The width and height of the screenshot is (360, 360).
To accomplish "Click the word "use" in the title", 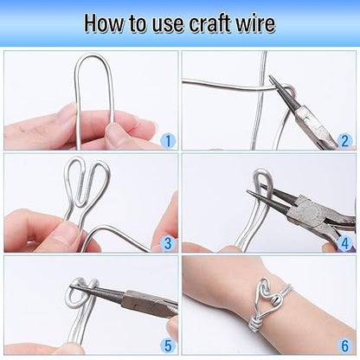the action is (x=168, y=25).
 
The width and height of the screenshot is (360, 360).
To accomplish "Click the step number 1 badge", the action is (x=168, y=141).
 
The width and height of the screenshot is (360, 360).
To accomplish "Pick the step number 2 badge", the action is (x=344, y=141).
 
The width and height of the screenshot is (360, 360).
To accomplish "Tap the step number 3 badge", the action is (x=168, y=243).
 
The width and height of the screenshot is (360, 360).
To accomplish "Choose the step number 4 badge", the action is (x=344, y=243).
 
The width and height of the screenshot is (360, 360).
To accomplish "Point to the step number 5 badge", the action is (x=168, y=345).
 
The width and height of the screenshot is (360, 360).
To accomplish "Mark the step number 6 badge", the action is (x=344, y=345).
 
